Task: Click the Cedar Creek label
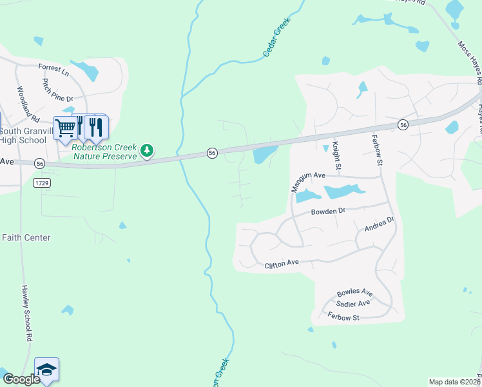[277, 37]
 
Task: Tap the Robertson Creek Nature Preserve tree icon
[148, 150]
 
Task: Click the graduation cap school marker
[46, 370]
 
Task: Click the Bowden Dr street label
[329, 211]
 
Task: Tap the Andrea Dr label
[379, 224]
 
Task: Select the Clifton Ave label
[282, 263]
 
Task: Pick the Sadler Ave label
[352, 303]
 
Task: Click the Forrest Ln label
[53, 68]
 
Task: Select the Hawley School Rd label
[26, 313]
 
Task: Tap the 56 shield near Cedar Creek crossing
[211, 152]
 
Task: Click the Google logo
[21, 379]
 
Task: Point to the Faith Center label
[26, 237]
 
